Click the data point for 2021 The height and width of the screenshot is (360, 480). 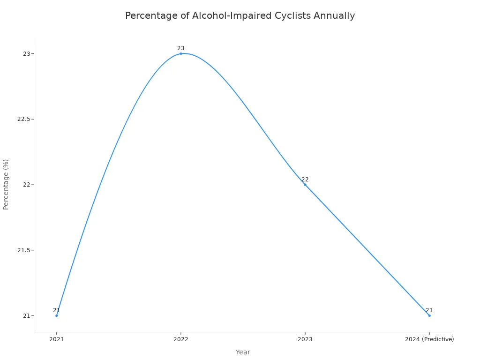click(56, 315)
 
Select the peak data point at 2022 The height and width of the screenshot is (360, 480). click(181, 53)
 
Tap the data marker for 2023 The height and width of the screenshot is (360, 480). click(305, 185)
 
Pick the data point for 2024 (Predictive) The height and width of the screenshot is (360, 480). click(429, 315)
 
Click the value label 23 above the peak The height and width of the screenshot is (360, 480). click(181, 48)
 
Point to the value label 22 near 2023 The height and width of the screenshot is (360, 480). click(305, 180)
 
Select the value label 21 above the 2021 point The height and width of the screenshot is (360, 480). click(56, 310)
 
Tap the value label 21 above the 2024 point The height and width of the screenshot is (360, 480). click(429, 310)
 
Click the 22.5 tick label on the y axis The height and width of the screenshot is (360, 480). click(23, 119)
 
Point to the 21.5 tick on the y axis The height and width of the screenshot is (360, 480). click(23, 250)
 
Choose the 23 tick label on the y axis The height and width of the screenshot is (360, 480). click(26, 54)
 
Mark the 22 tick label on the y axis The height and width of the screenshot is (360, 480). click(26, 185)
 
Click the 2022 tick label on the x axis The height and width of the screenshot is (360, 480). click(181, 339)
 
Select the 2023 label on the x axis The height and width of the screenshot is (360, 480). click(305, 339)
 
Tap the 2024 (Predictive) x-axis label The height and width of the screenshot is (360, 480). click(429, 339)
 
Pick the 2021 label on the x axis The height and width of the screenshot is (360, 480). click(56, 339)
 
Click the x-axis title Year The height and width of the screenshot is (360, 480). click(243, 352)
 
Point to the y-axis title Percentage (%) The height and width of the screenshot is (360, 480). click(6, 184)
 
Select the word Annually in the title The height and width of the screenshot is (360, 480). click(334, 16)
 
